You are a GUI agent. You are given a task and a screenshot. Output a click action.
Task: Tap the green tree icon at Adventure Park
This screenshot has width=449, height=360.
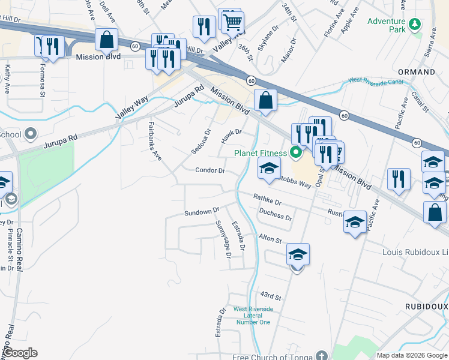pyautogui.click(x=414, y=25)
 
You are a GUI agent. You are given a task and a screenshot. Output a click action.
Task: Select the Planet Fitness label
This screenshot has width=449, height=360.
pyautogui.click(x=260, y=153)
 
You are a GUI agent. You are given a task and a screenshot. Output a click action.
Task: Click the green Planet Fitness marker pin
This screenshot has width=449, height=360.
pyautogui.click(x=295, y=152)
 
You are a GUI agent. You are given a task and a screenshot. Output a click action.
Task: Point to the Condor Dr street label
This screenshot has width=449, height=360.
pyautogui.click(x=210, y=170)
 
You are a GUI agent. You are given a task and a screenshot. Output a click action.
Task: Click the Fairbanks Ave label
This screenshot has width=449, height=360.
pyautogui.click(x=155, y=142)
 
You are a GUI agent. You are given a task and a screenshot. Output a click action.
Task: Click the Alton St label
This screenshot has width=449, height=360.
pyautogui.click(x=270, y=239)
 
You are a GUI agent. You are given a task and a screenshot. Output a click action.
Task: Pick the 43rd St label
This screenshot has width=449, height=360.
pyautogui.click(x=271, y=296)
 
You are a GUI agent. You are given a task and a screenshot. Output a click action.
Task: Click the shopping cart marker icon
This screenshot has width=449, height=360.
pyautogui.click(x=232, y=22)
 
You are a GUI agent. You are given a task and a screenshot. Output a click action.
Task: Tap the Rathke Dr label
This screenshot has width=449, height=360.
pyautogui.click(x=267, y=197)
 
